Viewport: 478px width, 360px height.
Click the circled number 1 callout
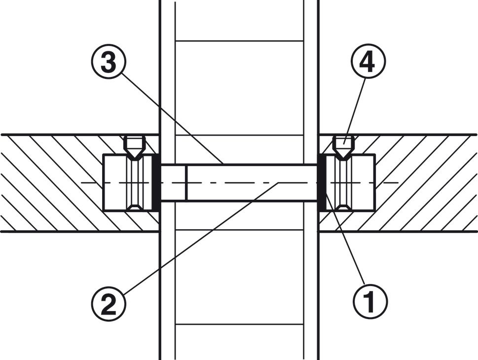click(x=370, y=301)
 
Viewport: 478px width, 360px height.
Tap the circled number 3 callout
click(x=109, y=61)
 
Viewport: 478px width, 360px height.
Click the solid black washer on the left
click(x=155, y=182)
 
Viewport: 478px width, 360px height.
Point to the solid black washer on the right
click(x=322, y=182)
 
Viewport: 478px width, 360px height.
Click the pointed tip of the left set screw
click(x=135, y=159)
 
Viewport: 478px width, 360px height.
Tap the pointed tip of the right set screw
click(x=343, y=159)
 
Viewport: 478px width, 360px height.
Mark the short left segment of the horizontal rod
click(x=173, y=182)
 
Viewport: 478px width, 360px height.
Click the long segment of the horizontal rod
click(x=252, y=182)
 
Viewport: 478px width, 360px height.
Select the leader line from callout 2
click(x=202, y=238)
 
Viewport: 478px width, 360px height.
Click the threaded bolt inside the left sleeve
click(x=135, y=182)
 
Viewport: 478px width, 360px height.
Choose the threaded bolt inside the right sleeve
click(x=343, y=182)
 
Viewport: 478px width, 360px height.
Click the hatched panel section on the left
click(x=52, y=183)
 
